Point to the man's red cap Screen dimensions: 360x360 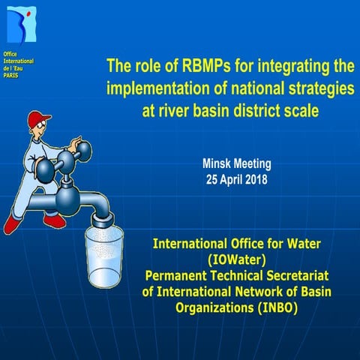point(38,119)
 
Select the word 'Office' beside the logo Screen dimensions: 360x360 point(10,53)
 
